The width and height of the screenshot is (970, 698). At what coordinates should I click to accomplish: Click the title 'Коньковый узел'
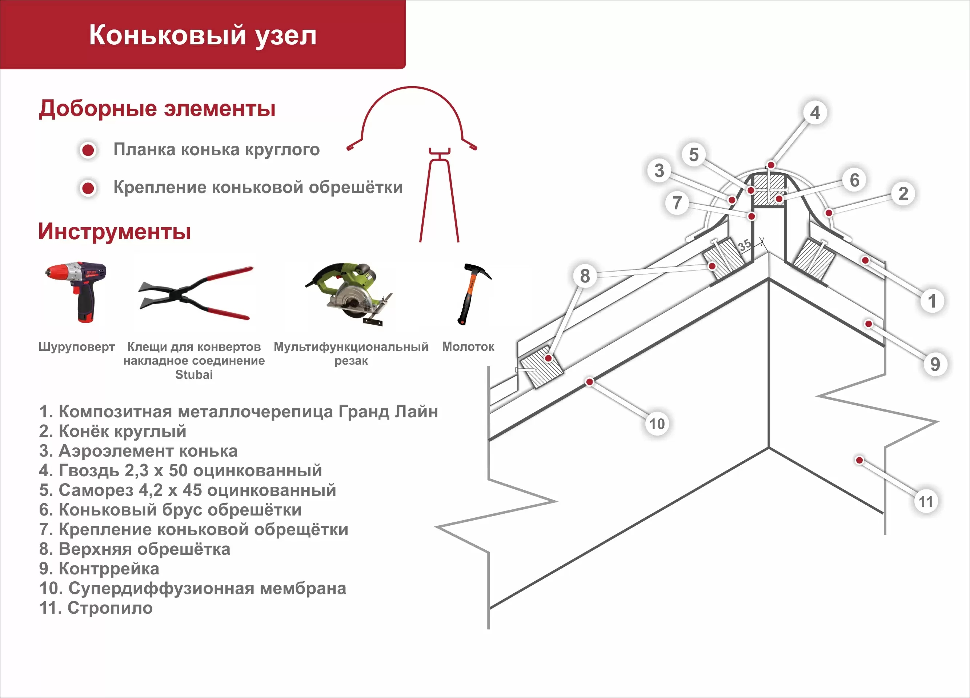pyautogui.click(x=203, y=35)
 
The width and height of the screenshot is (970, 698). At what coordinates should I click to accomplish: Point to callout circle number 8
pyautogui.click(x=585, y=276)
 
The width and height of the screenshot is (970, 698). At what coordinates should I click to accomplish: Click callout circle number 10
pyautogui.click(x=657, y=424)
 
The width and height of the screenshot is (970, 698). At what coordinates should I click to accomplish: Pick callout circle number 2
pyautogui.click(x=903, y=193)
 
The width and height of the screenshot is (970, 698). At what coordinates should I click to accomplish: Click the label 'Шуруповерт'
pyautogui.click(x=77, y=346)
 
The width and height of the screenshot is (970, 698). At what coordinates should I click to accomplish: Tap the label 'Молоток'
pyautogui.click(x=468, y=346)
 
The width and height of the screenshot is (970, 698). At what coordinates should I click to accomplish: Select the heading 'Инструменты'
pyautogui.click(x=115, y=231)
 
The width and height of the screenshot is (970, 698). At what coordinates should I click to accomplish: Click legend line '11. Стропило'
pyautogui.click(x=96, y=608)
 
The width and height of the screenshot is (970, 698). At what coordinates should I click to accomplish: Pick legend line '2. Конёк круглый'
pyautogui.click(x=112, y=431)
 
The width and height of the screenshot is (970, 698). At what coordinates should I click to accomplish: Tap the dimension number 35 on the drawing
pyautogui.click(x=745, y=245)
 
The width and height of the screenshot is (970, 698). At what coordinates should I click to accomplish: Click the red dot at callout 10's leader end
pyautogui.click(x=590, y=381)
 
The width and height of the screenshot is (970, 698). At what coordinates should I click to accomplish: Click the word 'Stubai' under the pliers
pyautogui.click(x=194, y=375)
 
